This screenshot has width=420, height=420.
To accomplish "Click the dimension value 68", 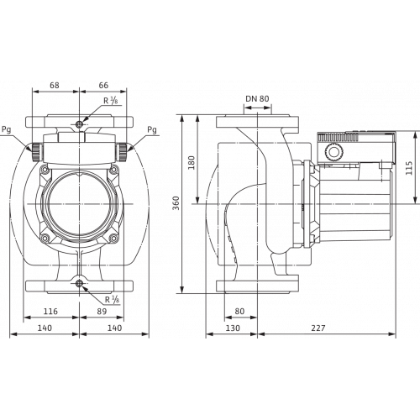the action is [55, 85].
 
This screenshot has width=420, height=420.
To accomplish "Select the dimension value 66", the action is [103, 85].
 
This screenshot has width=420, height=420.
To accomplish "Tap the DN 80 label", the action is [257, 98].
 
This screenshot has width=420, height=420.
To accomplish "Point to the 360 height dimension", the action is [176, 203].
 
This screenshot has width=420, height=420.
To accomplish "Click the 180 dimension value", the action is [192, 162].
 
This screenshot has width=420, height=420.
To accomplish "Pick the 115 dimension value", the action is [409, 168].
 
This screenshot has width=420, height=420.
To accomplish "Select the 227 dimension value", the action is [318, 328].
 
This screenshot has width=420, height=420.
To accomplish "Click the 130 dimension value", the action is [233, 328].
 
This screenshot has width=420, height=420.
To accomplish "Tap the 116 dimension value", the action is [50, 311].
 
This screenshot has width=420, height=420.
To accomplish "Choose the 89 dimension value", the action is [102, 311].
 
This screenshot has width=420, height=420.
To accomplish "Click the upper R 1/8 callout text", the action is [111, 101].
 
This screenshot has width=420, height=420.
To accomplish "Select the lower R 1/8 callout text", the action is [112, 300].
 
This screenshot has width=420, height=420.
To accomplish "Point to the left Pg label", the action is [7, 130].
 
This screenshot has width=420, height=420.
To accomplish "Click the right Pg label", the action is [152, 130].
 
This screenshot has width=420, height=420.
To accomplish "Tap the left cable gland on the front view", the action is [36, 152].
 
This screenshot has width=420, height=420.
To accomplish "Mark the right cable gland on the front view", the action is [123, 152].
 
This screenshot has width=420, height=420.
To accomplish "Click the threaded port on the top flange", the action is [80, 124].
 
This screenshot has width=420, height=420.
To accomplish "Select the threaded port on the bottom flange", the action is [80, 283].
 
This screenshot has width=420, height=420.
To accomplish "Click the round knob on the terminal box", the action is [333, 152].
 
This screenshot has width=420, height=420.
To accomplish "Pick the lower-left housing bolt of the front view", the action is [45, 238].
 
